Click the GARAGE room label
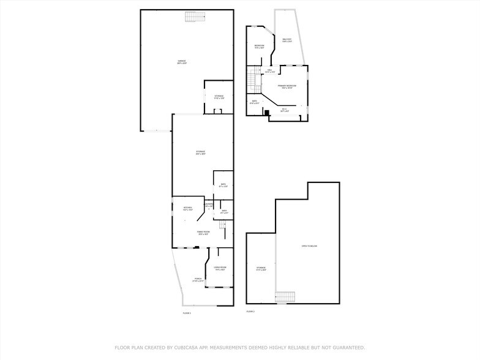tap(182, 61)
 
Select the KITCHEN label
tap(188, 208)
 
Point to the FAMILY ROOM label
tap(203, 232)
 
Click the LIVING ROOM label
tap(220, 268)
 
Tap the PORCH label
tap(198, 280)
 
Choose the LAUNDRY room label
tap(209, 204)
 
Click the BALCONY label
tap(287, 40)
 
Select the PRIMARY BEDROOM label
tap(287, 86)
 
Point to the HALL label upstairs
tap(269, 70)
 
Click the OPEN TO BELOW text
tap(309, 246)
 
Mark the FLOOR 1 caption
tap(187, 313)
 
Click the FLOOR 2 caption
tap(250, 312)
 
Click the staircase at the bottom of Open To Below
tap(285, 297)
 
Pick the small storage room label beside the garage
tap(219, 97)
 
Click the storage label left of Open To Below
tap(261, 269)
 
